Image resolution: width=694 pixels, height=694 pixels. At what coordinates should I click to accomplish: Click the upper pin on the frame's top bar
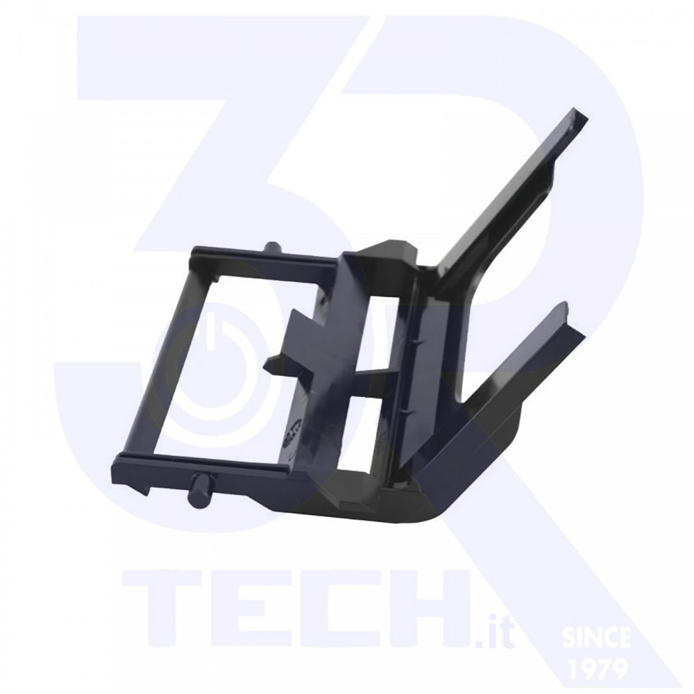pos(271,247)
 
